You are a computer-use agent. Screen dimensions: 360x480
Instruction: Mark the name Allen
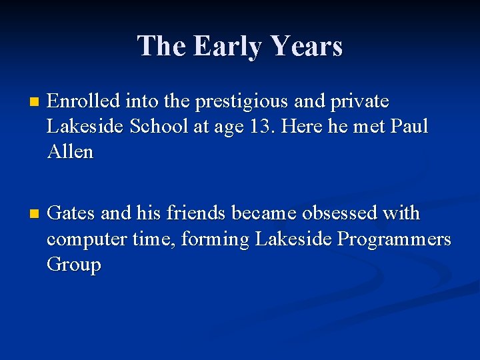[x=70, y=152]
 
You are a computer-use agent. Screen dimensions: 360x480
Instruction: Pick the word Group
[x=73, y=265]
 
